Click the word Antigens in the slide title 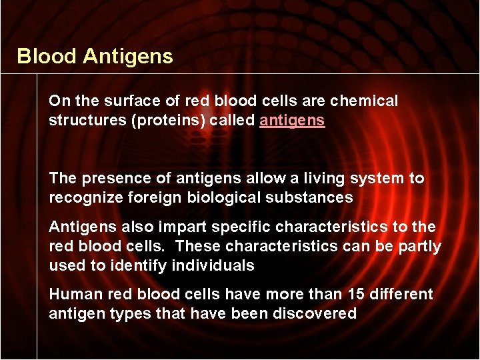tap(128, 57)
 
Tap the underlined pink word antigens tap(292, 121)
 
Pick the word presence tap(109, 179)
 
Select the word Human tap(72, 295)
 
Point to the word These tap(198, 247)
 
